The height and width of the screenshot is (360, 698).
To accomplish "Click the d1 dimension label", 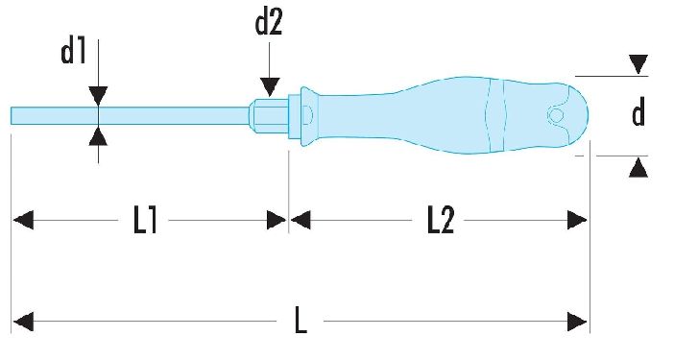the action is click(x=73, y=52).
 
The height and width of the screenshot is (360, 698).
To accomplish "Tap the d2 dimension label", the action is click(x=269, y=23).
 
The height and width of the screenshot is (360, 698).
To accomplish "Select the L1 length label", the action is click(x=145, y=220).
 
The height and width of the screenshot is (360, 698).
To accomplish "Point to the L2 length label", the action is click(x=441, y=220).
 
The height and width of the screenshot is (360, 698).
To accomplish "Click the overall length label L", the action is click(x=301, y=321).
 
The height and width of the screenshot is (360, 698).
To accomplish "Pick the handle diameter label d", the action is click(x=638, y=113).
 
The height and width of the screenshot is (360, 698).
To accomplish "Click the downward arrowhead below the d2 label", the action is click(x=270, y=86).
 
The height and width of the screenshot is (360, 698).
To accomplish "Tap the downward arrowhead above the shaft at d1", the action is click(x=98, y=96).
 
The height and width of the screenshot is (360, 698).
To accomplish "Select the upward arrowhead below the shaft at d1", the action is click(x=98, y=135).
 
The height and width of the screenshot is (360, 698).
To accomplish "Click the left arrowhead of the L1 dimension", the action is click(x=23, y=220).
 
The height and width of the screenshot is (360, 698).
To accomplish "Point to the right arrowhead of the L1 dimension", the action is click(x=276, y=220).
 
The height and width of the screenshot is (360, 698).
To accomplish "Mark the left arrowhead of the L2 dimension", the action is click(x=301, y=220).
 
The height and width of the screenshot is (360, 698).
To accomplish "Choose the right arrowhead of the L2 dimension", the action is click(x=577, y=220).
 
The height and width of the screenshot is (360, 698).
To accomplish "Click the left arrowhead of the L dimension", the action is click(x=23, y=322).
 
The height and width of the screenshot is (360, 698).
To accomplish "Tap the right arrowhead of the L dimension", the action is click(x=577, y=322).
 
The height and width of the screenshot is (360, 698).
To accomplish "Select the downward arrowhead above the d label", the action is click(x=638, y=64).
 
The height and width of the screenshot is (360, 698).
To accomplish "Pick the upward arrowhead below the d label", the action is click(x=638, y=168).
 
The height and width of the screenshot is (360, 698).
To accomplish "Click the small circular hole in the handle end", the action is click(x=556, y=116).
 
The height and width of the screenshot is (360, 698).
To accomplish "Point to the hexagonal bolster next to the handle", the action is click(x=269, y=116).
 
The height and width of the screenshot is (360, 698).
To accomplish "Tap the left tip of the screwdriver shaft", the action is click(x=12, y=116).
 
